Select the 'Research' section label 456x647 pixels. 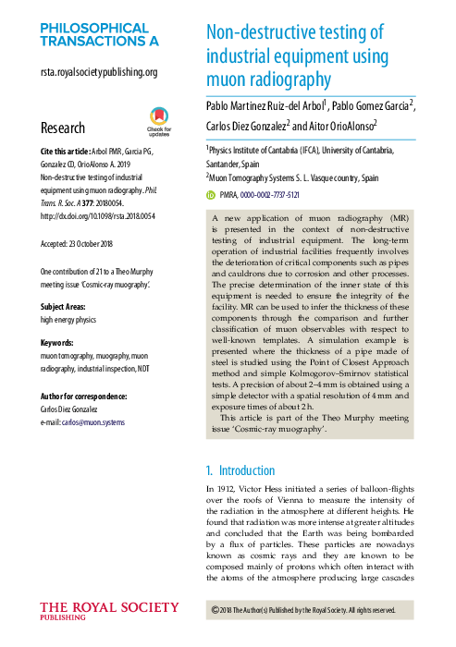tap(63, 128)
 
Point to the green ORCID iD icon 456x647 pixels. tap(210, 195)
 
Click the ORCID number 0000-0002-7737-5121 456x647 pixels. tap(270, 195)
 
